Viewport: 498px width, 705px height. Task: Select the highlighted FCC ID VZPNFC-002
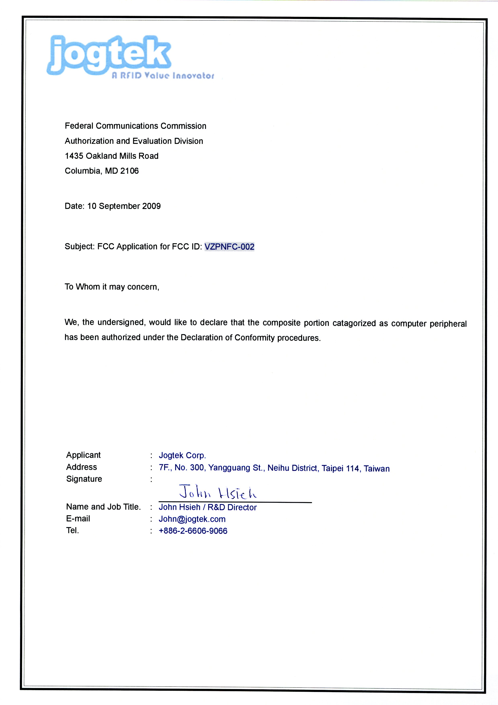[229, 247]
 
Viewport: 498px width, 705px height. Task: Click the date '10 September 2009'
[124, 206]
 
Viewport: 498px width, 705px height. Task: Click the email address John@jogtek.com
[192, 519]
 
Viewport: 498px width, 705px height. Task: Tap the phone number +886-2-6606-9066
[193, 531]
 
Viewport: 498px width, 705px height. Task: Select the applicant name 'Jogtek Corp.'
[182, 455]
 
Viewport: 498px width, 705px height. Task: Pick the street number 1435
[74, 156]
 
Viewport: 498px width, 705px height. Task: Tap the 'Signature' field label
[84, 479]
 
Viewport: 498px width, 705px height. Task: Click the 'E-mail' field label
[78, 519]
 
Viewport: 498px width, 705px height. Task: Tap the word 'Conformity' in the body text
[254, 338]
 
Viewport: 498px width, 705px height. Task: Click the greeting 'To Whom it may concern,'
[112, 287]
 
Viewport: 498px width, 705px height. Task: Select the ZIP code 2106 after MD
[129, 171]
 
